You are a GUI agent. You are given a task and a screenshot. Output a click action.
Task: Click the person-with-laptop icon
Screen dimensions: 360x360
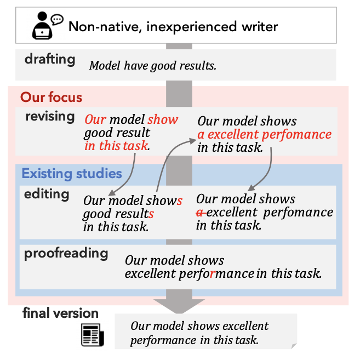pos(42,25)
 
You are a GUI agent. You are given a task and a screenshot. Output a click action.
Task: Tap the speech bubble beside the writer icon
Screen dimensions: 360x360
pos(57,20)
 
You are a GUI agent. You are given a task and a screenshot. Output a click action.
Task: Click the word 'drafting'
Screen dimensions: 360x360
pos(50,59)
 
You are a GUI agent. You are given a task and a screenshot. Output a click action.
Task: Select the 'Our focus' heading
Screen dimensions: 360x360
pos(51,97)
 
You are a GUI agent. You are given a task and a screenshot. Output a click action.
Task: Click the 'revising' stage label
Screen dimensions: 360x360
pos(50,116)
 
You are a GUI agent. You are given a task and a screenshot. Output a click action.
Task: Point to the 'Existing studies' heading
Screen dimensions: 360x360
pos(72,173)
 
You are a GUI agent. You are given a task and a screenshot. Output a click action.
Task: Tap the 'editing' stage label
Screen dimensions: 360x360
pos(47,194)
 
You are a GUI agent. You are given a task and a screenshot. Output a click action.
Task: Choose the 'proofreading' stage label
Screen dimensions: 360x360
pos(66,254)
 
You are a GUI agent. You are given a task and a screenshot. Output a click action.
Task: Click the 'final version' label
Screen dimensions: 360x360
pos(60,313)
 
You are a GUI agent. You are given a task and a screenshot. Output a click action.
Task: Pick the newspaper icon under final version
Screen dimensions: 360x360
pos(93,335)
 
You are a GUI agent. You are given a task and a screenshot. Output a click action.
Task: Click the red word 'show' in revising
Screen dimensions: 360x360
pos(163,119)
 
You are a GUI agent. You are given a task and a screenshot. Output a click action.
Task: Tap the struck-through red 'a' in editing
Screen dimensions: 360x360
pos(201,213)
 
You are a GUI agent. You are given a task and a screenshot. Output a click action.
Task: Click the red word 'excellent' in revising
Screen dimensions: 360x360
pos(233,134)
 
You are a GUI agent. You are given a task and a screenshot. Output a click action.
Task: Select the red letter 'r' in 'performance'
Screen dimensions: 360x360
pos(213,273)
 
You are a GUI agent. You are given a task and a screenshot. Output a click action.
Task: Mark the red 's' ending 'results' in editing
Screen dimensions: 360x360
pos(151,214)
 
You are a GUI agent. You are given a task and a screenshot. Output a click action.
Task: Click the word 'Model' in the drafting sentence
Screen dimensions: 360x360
pos(105,66)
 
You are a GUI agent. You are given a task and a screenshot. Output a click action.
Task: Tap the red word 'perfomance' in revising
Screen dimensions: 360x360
pos(296,135)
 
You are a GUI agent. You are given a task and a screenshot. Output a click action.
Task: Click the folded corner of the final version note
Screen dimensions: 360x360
pos(294,346)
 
